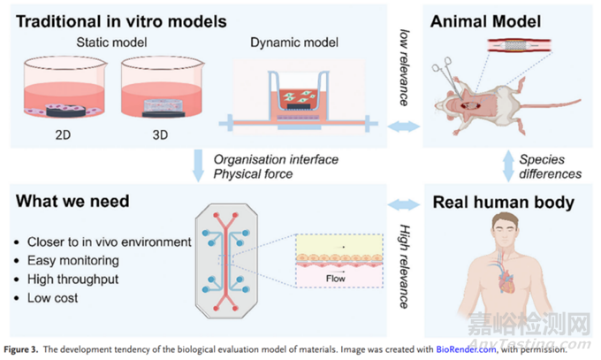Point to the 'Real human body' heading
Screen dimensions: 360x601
502,203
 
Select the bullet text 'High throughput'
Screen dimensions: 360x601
64,279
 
